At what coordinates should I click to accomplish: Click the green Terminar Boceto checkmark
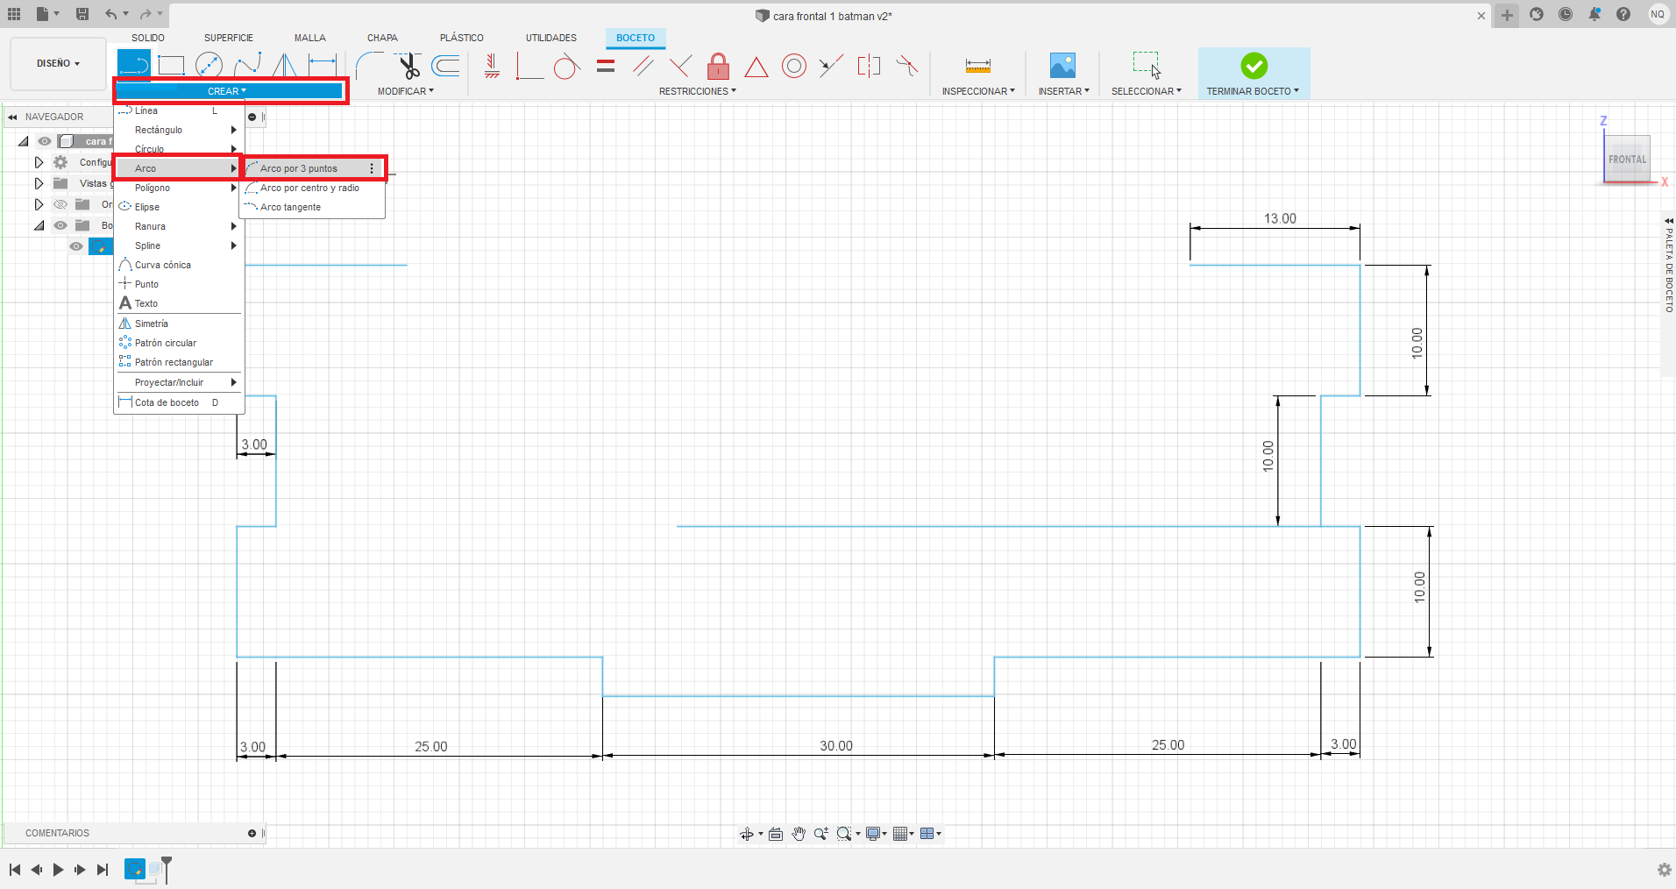[1253, 66]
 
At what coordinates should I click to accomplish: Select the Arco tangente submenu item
[290, 207]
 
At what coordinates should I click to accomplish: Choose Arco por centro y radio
[309, 188]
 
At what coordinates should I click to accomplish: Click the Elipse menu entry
[147, 207]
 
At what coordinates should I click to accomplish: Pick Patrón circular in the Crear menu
[166, 343]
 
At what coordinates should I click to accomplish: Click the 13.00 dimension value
[1280, 218]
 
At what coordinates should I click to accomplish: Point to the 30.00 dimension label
[836, 745]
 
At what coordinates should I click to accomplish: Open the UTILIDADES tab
[551, 38]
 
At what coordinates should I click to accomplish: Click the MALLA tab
[310, 38]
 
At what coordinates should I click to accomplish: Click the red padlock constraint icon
[718, 66]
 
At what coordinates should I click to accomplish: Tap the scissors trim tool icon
[408, 66]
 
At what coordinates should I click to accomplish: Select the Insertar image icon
[1062, 66]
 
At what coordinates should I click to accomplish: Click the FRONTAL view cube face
[1627, 160]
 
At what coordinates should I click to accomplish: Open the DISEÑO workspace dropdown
[58, 64]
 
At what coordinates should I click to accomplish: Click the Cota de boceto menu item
[167, 402]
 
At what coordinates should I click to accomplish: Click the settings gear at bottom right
[1664, 870]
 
